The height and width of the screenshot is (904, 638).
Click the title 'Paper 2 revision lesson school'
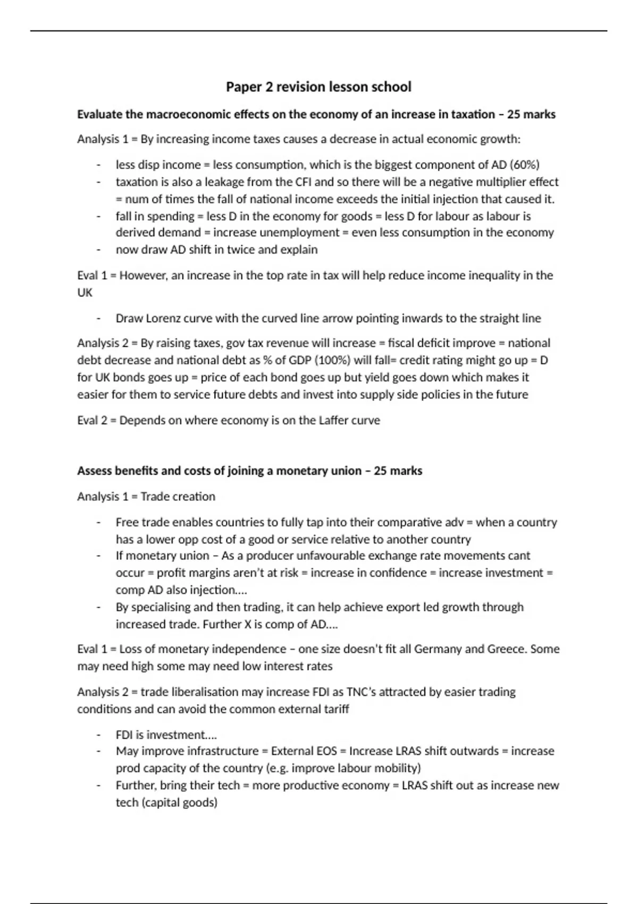coord(318,87)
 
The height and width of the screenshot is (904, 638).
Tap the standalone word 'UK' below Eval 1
coord(85,292)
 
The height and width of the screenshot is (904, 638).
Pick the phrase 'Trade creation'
coord(178,496)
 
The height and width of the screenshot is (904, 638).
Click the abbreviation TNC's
coord(364,692)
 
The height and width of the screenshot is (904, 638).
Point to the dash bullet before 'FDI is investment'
coord(99,735)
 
